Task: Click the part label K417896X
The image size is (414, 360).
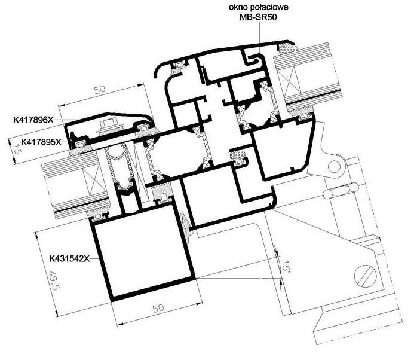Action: (33, 120)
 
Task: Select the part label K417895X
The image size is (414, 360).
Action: (41, 142)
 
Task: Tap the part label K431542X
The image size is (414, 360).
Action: (70, 258)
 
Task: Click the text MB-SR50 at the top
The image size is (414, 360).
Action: (258, 17)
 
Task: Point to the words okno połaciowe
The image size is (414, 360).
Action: (259, 7)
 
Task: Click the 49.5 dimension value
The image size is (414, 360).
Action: (53, 280)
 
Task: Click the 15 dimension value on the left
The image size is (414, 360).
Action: (17, 150)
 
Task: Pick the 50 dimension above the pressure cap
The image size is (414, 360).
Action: (100, 90)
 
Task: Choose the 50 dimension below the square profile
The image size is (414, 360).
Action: (158, 308)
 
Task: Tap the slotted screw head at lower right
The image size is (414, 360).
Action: (365, 276)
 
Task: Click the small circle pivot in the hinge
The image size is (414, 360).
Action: (335, 166)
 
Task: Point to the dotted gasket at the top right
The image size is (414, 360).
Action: (289, 48)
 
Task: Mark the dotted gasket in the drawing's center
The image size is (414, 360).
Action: (238, 155)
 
